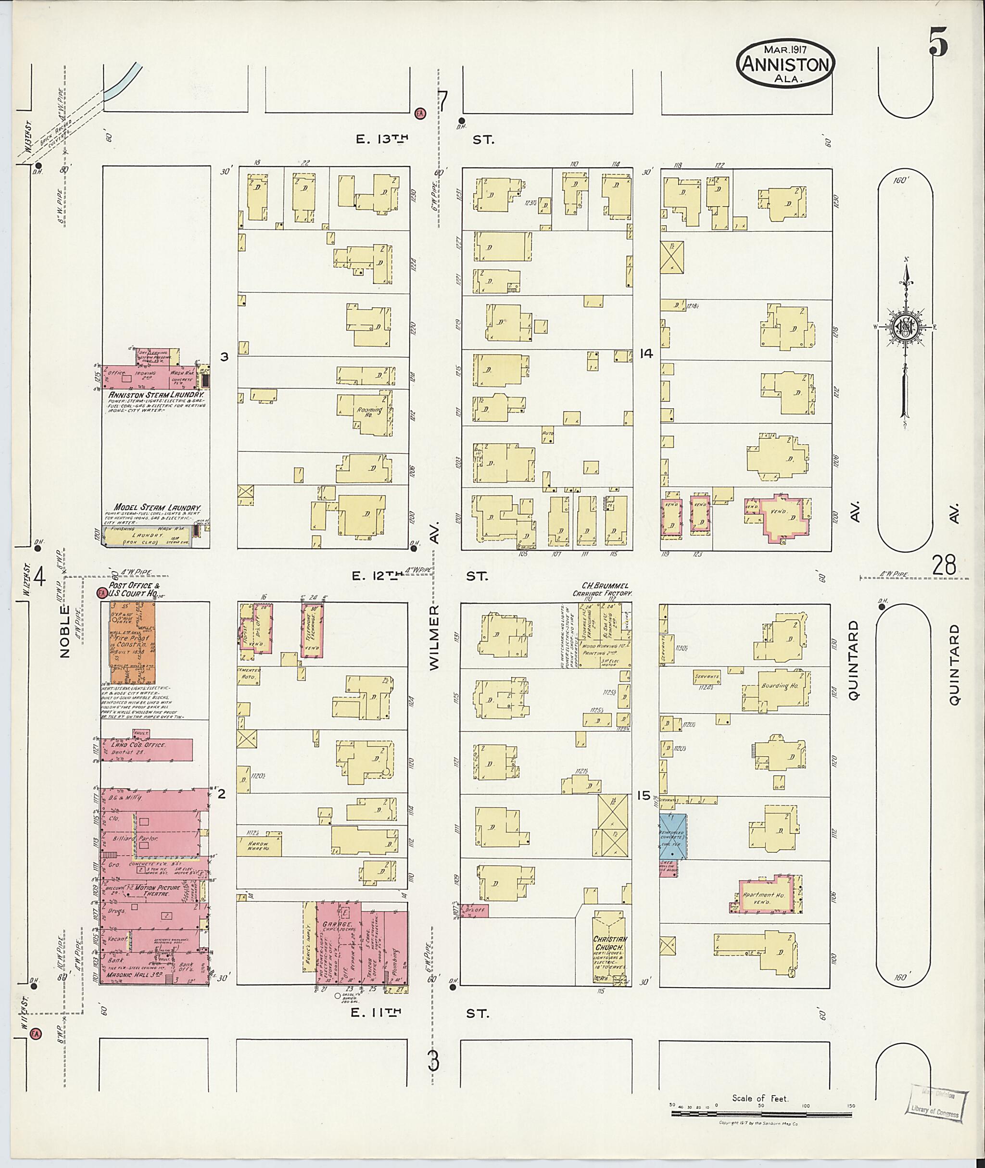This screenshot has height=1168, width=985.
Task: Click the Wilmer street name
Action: point(436,637)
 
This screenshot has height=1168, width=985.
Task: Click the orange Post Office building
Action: point(132,643)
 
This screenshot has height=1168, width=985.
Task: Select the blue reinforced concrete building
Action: point(673,836)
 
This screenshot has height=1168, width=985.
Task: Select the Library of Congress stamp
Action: point(934,1099)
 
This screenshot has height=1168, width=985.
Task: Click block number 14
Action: point(646,353)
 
